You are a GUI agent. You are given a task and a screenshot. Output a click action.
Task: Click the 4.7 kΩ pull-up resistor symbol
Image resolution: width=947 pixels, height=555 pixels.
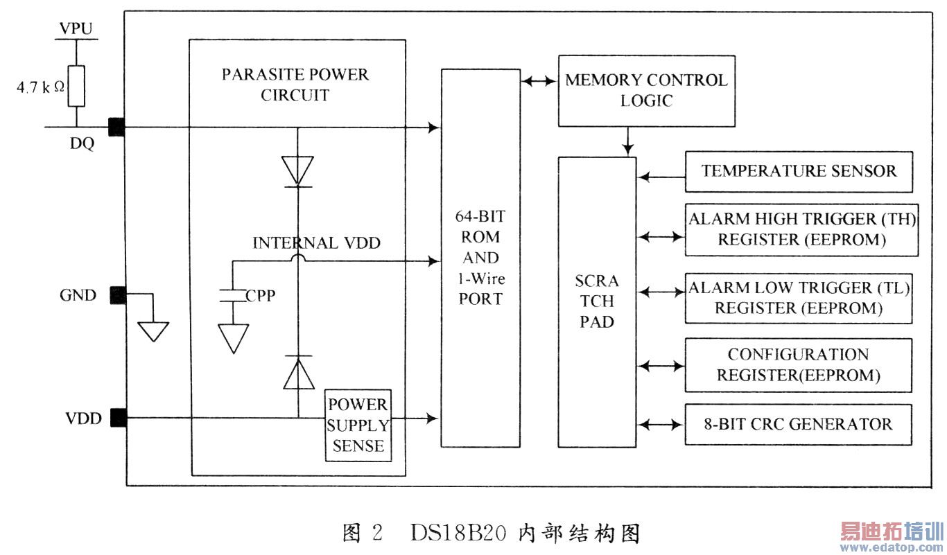click(x=76, y=87)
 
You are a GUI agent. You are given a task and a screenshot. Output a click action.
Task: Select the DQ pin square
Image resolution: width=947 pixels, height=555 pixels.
click(x=116, y=127)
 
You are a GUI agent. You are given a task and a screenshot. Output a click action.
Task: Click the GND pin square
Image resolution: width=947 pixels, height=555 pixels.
click(x=116, y=295)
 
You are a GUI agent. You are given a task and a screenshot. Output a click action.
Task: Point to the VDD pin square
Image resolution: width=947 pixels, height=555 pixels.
click(x=116, y=418)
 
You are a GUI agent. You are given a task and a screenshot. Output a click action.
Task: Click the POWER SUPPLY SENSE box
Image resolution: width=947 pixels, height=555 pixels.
click(x=358, y=425)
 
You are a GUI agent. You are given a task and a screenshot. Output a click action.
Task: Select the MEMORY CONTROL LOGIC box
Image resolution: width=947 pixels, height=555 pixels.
click(x=646, y=90)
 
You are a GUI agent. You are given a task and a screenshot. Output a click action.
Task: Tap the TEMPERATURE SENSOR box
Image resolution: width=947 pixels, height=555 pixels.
click(x=799, y=171)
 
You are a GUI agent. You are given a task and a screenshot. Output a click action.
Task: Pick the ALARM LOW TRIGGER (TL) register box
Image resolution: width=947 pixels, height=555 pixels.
click(x=799, y=299)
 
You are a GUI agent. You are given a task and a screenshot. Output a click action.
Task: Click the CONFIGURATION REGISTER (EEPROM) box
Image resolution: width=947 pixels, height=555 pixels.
click(x=799, y=365)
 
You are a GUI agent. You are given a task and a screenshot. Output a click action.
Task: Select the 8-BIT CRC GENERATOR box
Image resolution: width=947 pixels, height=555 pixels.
click(x=799, y=424)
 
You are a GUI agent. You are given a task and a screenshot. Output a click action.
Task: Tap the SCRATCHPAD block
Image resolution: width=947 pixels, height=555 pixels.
click(x=597, y=301)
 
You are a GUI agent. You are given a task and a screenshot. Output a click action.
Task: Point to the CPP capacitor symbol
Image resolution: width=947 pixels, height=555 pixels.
click(x=233, y=296)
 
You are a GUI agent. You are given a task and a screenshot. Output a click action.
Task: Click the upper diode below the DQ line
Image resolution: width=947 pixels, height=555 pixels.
click(x=297, y=170)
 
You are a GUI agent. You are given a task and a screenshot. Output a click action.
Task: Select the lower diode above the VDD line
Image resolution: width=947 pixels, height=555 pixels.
click(x=297, y=373)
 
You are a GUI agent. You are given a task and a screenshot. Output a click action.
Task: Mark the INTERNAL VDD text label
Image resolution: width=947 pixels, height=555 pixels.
click(x=316, y=243)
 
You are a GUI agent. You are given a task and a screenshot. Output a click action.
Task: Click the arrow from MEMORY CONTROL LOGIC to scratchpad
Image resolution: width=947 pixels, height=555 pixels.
click(x=627, y=141)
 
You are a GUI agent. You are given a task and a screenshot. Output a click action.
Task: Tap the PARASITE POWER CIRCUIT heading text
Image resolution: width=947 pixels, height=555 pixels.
click(x=295, y=85)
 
